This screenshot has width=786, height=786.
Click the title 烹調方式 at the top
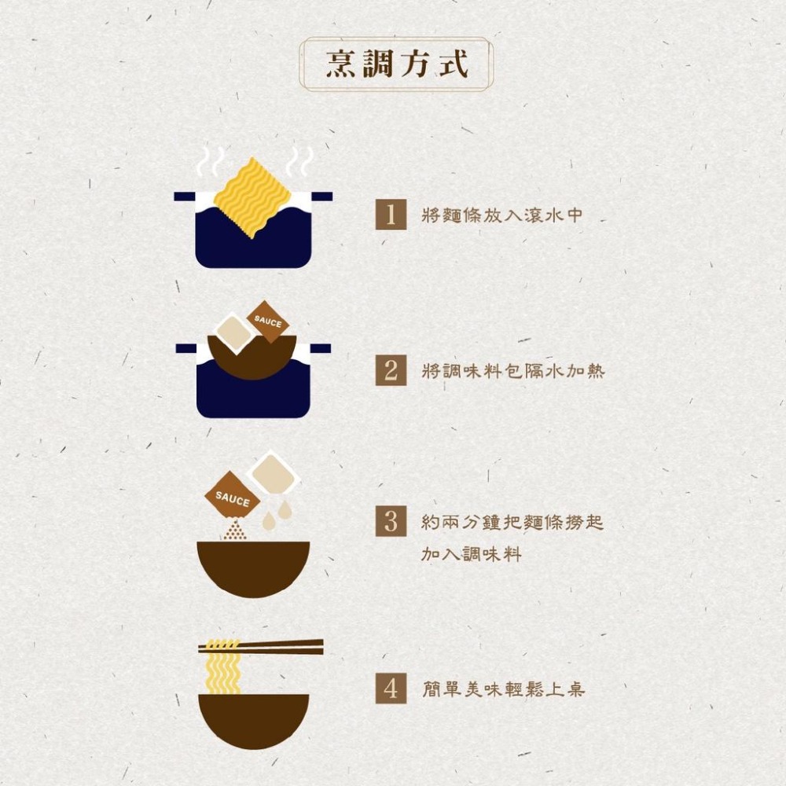click(x=396, y=64)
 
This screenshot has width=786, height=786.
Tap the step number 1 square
click(x=391, y=215)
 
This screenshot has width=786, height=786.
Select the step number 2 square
click(x=391, y=370)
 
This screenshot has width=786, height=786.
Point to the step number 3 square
click(x=391, y=521)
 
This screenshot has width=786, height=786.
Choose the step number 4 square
click(x=391, y=689)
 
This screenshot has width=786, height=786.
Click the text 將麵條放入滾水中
click(x=502, y=215)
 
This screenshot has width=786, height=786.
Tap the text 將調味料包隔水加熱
click(x=513, y=371)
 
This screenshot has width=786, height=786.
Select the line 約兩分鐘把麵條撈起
click(x=512, y=523)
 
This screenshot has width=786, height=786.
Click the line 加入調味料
click(x=472, y=554)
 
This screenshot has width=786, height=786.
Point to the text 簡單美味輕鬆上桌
click(x=503, y=689)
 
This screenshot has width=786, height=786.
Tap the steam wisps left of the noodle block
click(x=210, y=160)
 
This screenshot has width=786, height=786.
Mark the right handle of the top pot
click(x=321, y=196)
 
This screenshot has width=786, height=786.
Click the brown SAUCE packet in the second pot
click(x=268, y=321)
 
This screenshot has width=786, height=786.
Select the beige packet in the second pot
click(x=234, y=332)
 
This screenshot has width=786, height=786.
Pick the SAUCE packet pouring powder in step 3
click(x=232, y=498)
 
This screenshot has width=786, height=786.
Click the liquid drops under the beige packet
click(x=277, y=514)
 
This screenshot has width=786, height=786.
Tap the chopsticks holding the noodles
click(x=261, y=647)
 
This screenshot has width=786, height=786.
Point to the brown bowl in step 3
click(x=253, y=569)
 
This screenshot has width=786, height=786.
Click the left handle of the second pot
click(x=185, y=348)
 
